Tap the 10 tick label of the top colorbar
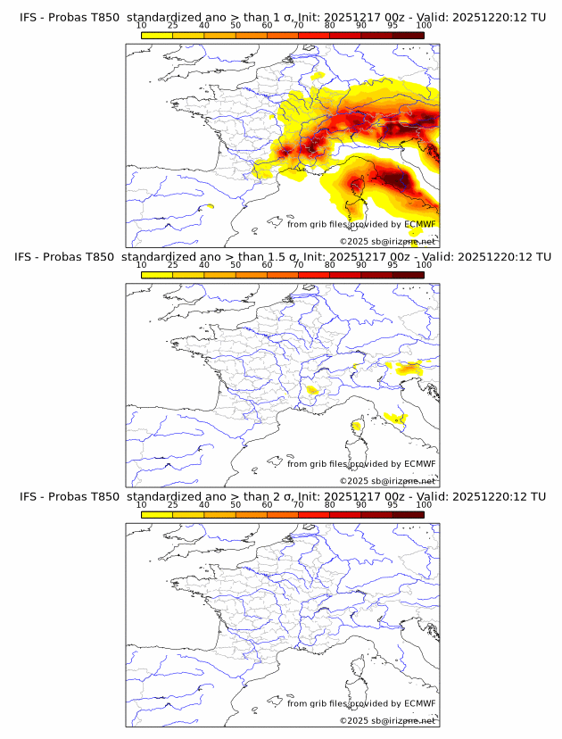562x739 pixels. [141, 26]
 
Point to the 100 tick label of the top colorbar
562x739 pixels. [424, 26]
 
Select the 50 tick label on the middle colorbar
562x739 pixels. [236, 265]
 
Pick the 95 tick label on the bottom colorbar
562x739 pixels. [393, 504]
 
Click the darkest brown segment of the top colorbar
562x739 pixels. [408, 35]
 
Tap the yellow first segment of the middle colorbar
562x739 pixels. [157, 274]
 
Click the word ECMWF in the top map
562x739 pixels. [420, 224]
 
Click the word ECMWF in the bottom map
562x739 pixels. [420, 702]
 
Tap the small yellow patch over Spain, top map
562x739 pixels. [210, 207]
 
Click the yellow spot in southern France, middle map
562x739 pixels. [313, 390]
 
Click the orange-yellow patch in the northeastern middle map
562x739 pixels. [411, 368]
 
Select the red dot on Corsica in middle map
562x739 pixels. [356, 426]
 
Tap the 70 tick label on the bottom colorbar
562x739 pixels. [298, 504]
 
